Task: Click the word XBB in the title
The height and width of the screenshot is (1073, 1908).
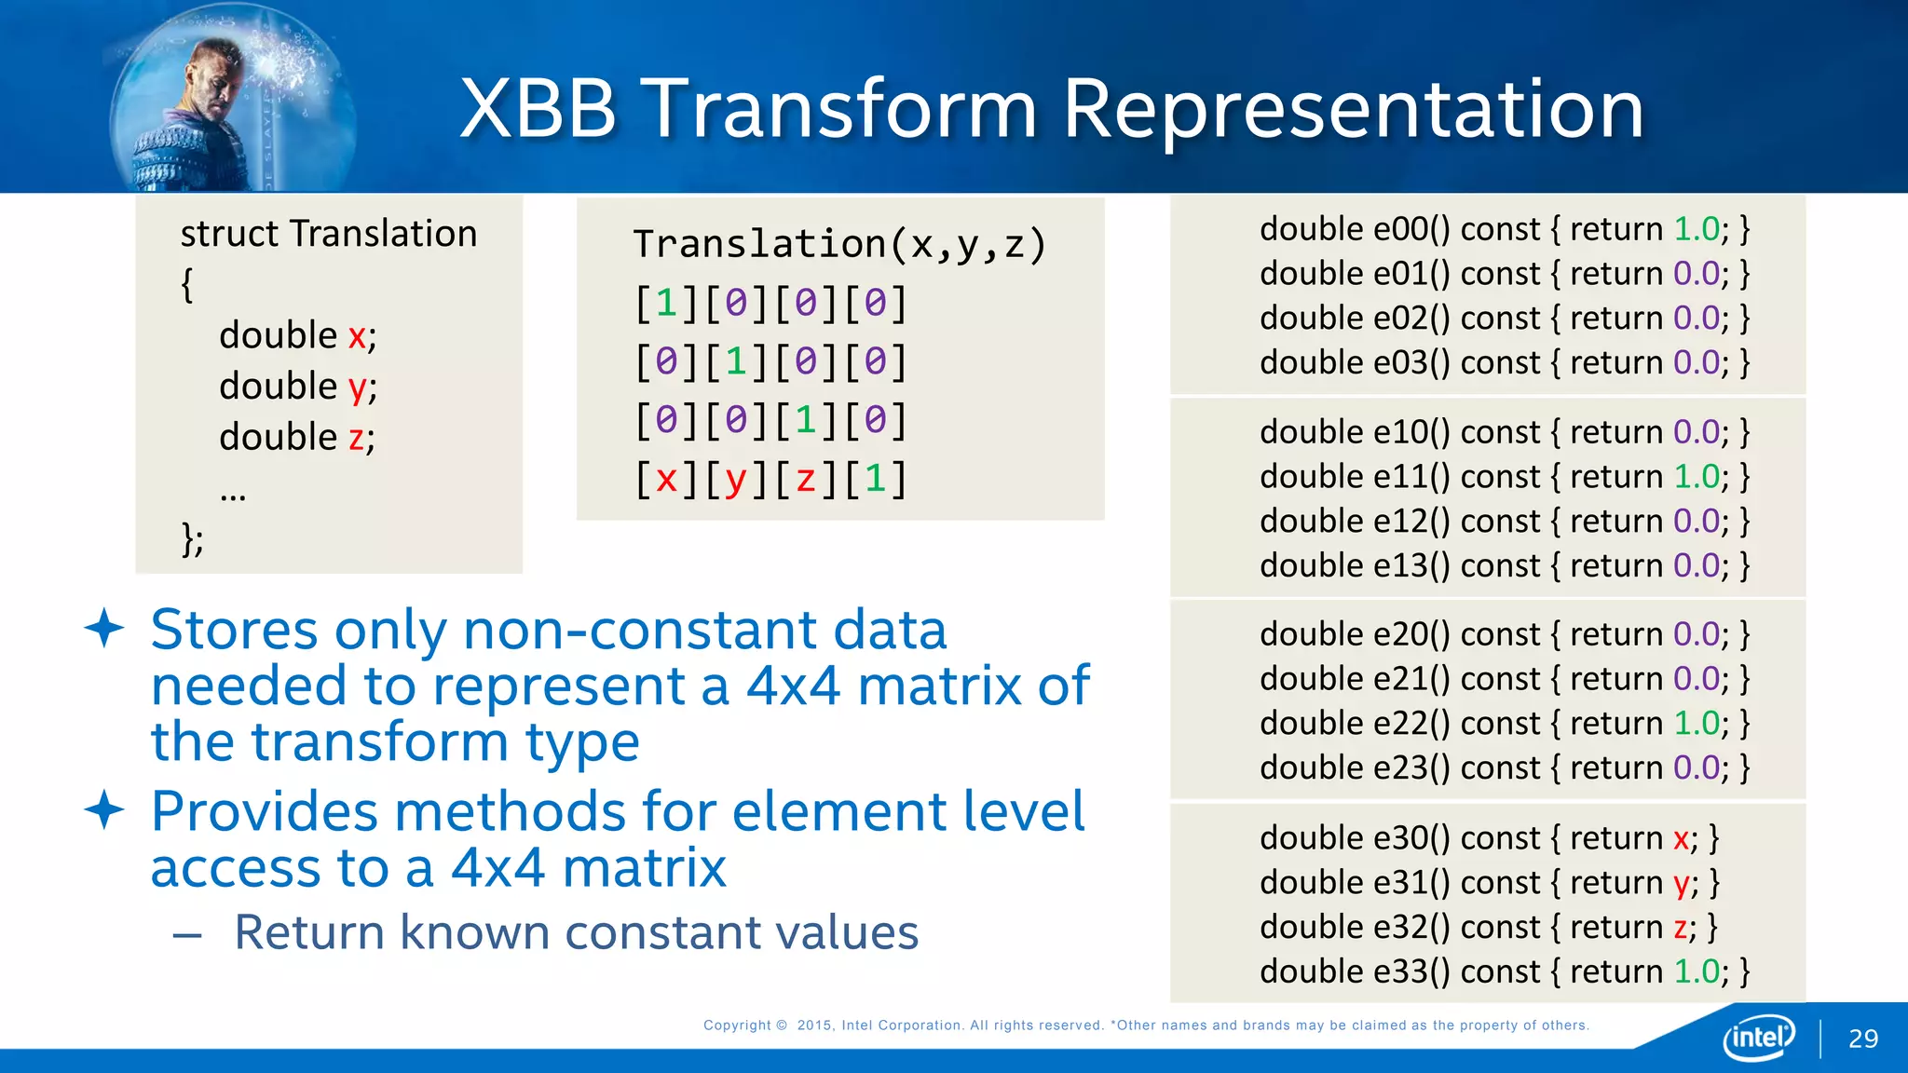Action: click(538, 109)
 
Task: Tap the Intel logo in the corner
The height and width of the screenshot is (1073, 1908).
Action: click(1758, 1037)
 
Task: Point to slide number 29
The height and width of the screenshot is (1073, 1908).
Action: click(1863, 1039)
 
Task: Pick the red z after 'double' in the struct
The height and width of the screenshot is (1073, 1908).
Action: click(356, 438)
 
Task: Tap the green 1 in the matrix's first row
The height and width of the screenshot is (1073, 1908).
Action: click(666, 304)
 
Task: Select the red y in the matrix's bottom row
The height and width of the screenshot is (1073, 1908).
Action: click(736, 480)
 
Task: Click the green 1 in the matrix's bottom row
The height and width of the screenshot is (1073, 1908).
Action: click(875, 479)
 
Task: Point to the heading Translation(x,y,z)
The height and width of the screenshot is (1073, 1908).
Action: click(839, 244)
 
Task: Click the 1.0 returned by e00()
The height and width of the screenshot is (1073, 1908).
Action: click(1697, 229)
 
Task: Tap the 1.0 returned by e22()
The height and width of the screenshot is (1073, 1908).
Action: click(1697, 724)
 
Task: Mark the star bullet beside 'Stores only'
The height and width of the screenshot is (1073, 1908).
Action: click(104, 629)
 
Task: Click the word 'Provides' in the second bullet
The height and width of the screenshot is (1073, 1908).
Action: click(264, 812)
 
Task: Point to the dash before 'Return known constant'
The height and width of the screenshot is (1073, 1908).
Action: click(187, 934)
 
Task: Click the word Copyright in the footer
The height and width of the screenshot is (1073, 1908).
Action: click(737, 1025)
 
